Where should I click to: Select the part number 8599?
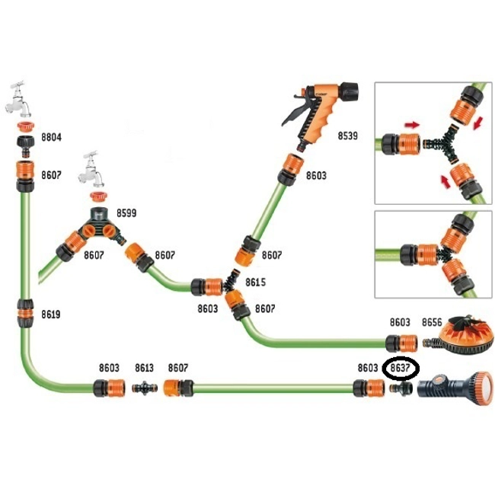(123, 214)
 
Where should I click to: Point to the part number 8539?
(348, 137)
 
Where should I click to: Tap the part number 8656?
(432, 323)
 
